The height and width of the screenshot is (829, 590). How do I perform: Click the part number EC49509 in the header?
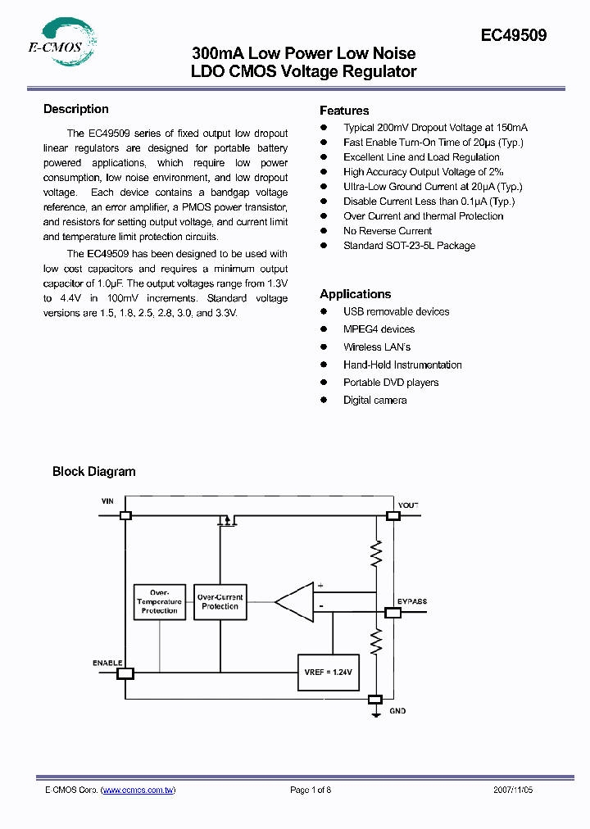513,36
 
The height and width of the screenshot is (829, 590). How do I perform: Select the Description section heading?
75,109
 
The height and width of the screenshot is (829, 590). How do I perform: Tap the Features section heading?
344,111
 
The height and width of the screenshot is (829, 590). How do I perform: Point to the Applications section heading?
355,294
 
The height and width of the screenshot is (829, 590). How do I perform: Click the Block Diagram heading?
93,471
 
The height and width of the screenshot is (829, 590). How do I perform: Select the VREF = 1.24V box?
328,672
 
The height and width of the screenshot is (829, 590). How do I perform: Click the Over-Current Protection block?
220,602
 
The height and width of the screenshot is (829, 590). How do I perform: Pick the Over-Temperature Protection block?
159,602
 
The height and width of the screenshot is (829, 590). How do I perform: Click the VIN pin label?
107,500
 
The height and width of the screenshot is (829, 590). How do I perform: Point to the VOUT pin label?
408,505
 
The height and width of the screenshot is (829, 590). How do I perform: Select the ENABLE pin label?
107,662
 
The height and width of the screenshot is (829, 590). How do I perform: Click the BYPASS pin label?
412,601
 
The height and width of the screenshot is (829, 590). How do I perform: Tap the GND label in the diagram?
397,711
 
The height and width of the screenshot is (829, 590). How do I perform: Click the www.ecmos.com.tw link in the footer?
138,790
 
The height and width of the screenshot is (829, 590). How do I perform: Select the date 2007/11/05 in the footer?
513,790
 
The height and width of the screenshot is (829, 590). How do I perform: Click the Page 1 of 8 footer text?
311,790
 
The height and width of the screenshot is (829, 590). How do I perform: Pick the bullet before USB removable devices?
324,311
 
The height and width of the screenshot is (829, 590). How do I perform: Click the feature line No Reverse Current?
387,231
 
